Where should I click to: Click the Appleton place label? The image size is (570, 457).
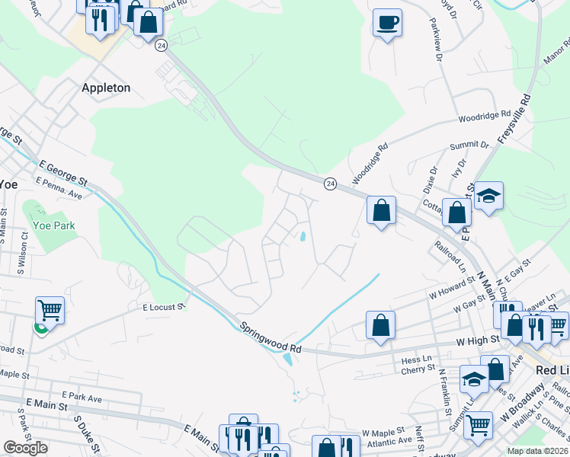click(106, 88)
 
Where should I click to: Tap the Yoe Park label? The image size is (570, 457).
click(54, 225)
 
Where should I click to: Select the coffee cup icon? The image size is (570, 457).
click(387, 22)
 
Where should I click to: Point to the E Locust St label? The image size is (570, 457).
click(164, 307)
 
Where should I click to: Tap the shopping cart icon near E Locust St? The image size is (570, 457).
click(50, 310)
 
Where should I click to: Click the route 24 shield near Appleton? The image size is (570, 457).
click(161, 46)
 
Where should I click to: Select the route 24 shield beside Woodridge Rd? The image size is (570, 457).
click(330, 184)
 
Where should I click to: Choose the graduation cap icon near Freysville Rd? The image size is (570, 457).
click(488, 196)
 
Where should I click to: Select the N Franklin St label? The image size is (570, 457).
click(442, 389)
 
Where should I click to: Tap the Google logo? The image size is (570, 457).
click(25, 448)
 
